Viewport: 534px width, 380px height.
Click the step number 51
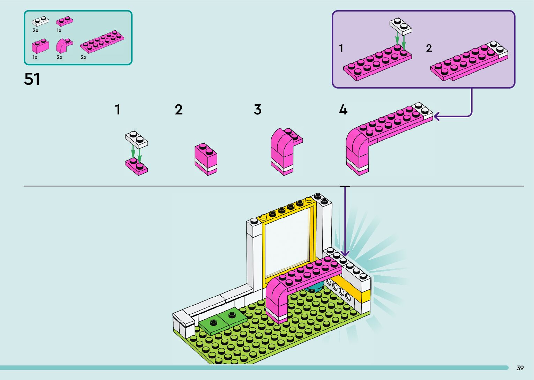point(32,79)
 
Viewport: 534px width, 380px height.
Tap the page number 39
point(520,368)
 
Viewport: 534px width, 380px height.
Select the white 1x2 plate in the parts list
point(40,21)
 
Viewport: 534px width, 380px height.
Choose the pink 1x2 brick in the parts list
point(40,46)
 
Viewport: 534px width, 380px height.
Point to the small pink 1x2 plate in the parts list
point(65,22)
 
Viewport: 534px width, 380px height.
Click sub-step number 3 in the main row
point(257,110)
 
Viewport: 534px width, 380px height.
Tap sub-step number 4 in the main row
point(343,110)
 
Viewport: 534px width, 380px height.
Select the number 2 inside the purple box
point(429,48)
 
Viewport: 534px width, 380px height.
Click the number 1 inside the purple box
point(341,48)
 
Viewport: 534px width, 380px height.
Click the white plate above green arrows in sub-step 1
point(136,139)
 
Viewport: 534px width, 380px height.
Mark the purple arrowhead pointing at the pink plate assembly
point(437,116)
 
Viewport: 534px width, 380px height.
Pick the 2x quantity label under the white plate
point(35,30)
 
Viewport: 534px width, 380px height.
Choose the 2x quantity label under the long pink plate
point(83,57)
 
